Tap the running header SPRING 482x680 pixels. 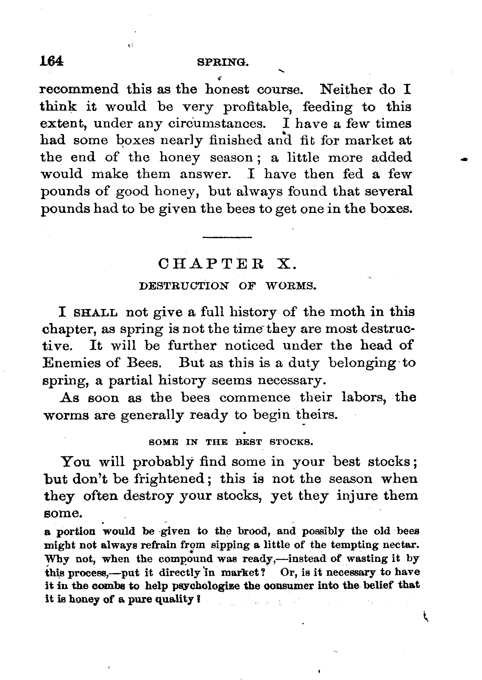(222, 62)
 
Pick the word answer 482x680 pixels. (204, 174)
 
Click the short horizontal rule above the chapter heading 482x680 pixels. (227, 237)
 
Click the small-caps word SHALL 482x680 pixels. (96, 313)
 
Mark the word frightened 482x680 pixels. (170, 479)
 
